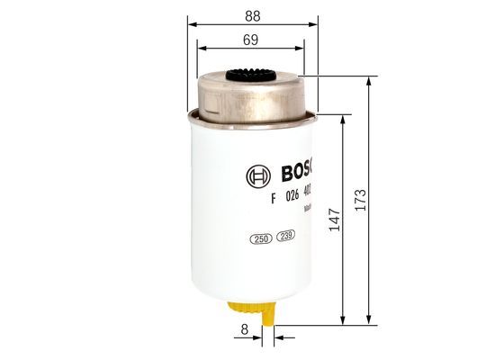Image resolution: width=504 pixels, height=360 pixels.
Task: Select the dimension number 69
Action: [x=250, y=39]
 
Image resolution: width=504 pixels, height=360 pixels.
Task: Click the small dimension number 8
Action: [x=244, y=331]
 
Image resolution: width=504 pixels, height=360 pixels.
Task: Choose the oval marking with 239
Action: [x=286, y=238]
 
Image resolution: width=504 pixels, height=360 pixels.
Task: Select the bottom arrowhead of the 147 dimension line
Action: [x=345, y=319]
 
